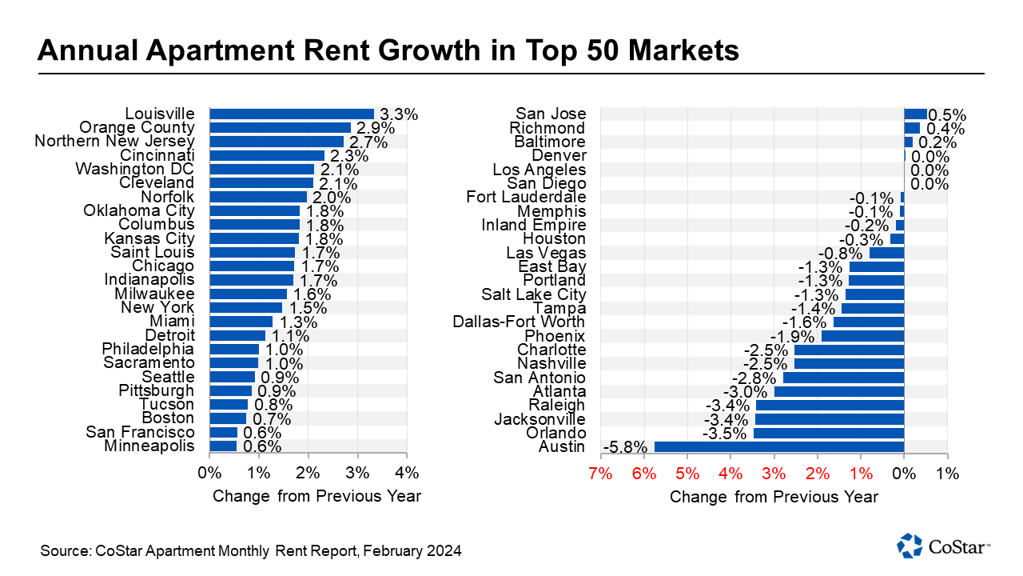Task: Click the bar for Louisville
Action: coord(292,114)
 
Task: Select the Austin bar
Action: coord(778,447)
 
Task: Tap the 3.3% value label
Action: coord(398,114)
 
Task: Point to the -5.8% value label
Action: coord(626,447)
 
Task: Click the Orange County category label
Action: coord(137,127)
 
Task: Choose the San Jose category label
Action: coord(551,114)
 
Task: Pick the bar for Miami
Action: coord(229,322)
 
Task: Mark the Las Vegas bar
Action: coord(886,253)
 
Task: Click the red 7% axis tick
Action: coord(600,473)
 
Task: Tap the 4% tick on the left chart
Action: coord(407,473)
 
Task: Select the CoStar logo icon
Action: coord(910,546)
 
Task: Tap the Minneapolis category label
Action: coord(149,446)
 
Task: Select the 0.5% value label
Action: coord(947,114)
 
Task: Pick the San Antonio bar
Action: coord(843,378)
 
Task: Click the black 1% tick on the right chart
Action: coord(947,473)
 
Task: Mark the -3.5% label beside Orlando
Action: coord(727,434)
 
